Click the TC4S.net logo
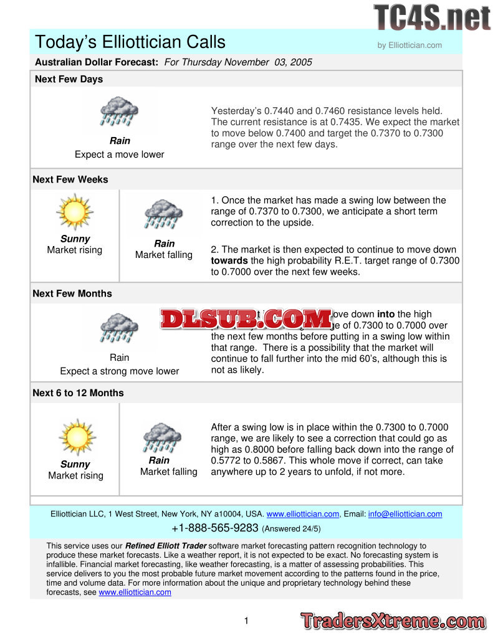coord(432,17)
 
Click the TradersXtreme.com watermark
coord(393,621)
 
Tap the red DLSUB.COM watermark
coord(246,318)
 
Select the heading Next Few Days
coord(69,79)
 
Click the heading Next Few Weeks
coord(70,179)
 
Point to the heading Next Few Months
coord(72,293)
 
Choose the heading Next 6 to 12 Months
coord(78,393)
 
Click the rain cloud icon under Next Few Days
coord(120,112)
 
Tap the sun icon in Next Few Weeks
coord(75,212)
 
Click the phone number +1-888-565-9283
coord(214,528)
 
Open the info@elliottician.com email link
coord(405,514)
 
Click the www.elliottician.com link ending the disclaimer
coord(135,593)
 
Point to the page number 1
coord(246,621)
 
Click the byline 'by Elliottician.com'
coord(409,45)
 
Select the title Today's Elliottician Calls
coord(130,42)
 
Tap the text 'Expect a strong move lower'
coord(119,371)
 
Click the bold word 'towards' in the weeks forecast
coord(229,261)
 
